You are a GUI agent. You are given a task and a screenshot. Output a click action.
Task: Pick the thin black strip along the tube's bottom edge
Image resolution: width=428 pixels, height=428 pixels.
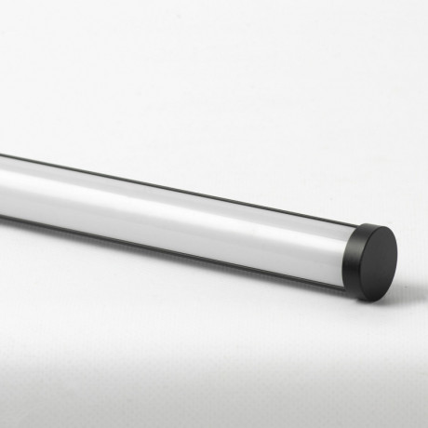tap(186, 244)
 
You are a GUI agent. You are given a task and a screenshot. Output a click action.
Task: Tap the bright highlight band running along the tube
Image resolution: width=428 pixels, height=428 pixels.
tap(186, 200)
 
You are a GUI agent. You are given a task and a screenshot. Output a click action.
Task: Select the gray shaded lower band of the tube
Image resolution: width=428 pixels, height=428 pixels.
tap(186, 233)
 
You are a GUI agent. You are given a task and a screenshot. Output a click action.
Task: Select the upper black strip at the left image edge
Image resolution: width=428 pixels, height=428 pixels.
tap(2, 156)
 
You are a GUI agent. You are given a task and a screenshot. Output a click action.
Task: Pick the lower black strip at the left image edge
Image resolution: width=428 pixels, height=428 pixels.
tap(2, 215)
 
